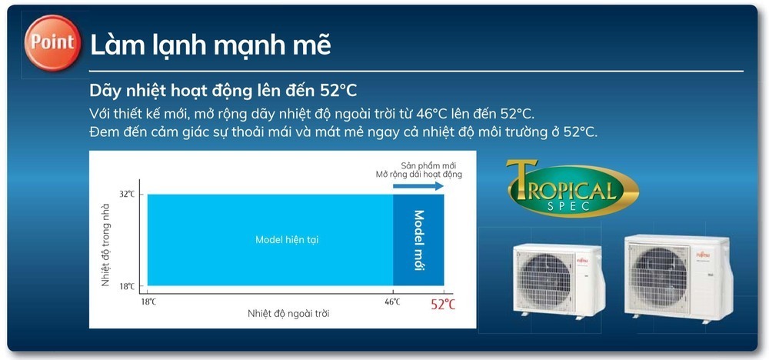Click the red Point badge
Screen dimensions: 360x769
pyautogui.click(x=53, y=41)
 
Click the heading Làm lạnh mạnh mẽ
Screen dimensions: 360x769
pyautogui.click(x=211, y=44)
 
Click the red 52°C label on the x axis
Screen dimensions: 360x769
pyautogui.click(x=442, y=305)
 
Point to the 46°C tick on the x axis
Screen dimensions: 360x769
pyautogui.click(x=392, y=302)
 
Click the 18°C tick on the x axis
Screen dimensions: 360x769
pyautogui.click(x=148, y=302)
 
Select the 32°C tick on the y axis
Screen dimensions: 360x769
pyautogui.click(x=127, y=194)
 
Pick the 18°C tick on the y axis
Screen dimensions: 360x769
pyautogui.click(x=127, y=286)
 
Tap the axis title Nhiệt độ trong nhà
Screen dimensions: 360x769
pyautogui.click(x=106, y=240)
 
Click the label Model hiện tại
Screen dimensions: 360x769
pyautogui.click(x=287, y=240)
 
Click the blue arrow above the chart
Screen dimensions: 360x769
pyautogui.click(x=418, y=185)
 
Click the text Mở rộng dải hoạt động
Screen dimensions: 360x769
pyautogui.click(x=419, y=175)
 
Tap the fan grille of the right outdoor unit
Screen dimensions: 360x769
pyautogui.click(x=660, y=275)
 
